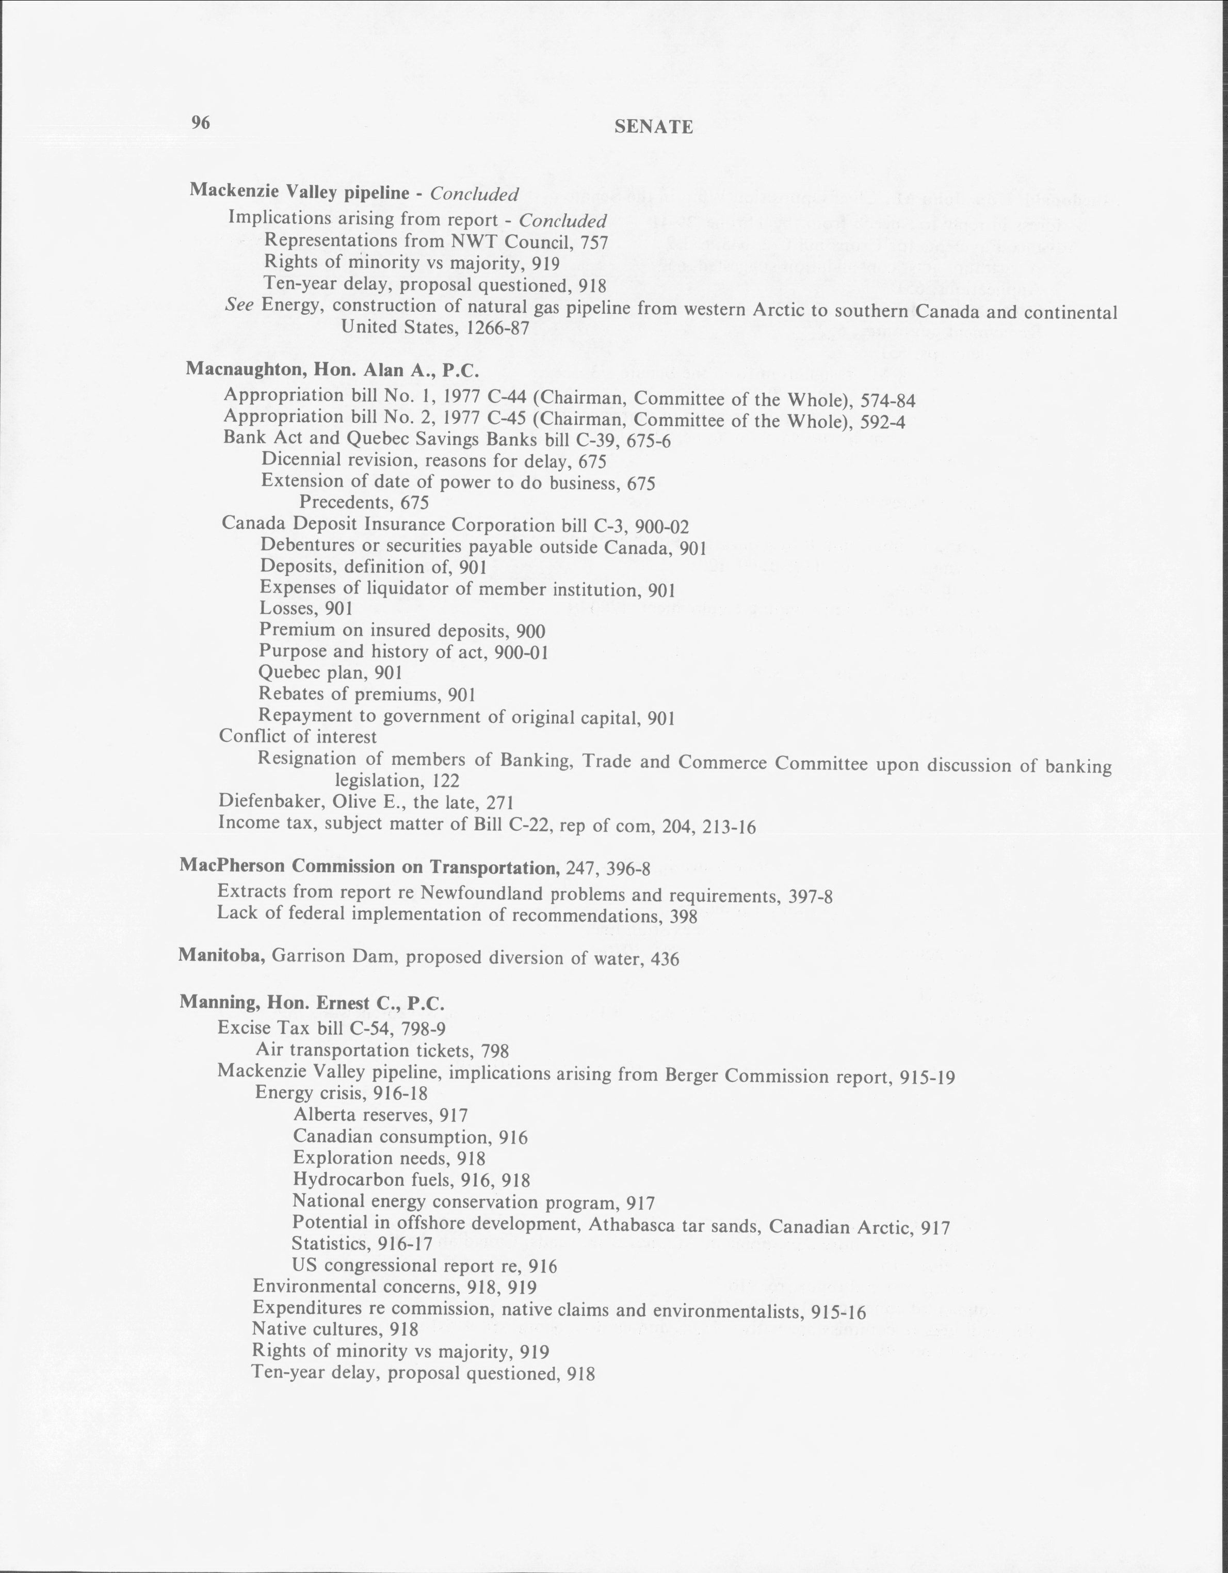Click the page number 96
(200, 123)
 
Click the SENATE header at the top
(654, 127)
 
